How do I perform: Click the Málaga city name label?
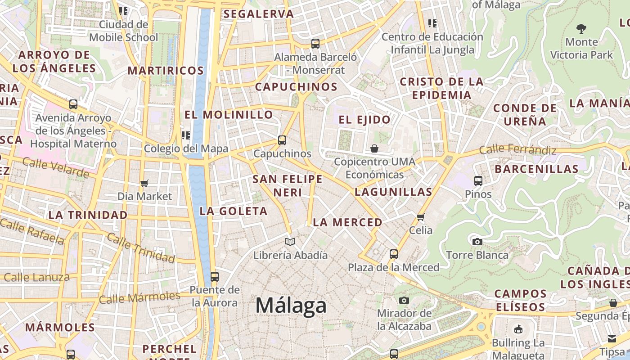click(x=291, y=306)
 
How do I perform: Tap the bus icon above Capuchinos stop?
click(x=282, y=140)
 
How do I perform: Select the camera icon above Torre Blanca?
click(x=477, y=242)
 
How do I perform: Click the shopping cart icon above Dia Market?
click(x=144, y=183)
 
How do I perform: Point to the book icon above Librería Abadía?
click(x=290, y=242)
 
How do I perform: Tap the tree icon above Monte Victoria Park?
click(x=581, y=29)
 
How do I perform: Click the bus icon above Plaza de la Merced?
click(x=394, y=254)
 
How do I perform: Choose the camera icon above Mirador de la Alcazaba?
click(x=404, y=300)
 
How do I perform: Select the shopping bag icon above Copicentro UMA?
click(x=374, y=148)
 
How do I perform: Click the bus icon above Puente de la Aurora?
click(x=215, y=276)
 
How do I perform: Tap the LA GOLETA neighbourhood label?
click(x=234, y=211)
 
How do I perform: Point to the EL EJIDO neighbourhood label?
click(x=364, y=120)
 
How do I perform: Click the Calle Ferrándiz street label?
click(x=517, y=149)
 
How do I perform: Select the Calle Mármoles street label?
click(x=139, y=297)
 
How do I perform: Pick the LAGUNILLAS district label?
click(x=393, y=192)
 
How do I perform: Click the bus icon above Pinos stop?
click(x=478, y=181)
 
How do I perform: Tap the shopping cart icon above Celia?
click(x=421, y=217)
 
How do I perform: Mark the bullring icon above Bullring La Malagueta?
click(x=518, y=329)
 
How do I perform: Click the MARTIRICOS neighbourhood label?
click(x=166, y=71)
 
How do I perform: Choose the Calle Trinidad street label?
click(x=141, y=248)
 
